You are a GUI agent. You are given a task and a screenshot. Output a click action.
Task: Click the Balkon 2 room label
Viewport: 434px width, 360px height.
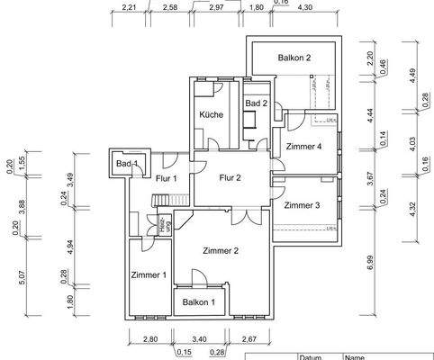click(294, 58)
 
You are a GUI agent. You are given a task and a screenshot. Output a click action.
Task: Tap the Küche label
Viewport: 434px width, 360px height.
click(212, 115)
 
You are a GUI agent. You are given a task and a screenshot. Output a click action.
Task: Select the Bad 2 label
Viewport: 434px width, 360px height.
click(257, 104)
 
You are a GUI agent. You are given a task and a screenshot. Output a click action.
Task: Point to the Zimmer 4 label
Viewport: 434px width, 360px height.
click(303, 146)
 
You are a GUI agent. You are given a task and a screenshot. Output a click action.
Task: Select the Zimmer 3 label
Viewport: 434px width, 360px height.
click(302, 206)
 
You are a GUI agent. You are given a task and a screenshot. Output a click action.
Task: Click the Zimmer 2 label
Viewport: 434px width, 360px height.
click(221, 251)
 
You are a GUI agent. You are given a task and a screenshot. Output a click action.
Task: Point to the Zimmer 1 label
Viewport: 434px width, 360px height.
click(148, 274)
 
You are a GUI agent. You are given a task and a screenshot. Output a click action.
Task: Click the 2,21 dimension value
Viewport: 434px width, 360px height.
click(130, 9)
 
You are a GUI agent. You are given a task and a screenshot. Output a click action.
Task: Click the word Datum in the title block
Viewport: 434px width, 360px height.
click(311, 355)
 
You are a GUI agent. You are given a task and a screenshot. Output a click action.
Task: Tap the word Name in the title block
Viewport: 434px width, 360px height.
click(358, 355)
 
